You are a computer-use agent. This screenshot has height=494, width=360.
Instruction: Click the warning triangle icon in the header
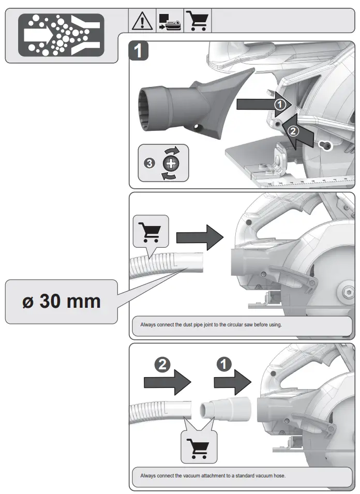click(x=140, y=21)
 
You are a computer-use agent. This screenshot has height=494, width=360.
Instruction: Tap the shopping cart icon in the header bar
click(x=197, y=21)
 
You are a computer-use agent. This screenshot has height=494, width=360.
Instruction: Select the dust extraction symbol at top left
click(x=61, y=35)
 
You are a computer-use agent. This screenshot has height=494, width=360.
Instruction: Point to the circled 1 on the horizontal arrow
click(x=280, y=104)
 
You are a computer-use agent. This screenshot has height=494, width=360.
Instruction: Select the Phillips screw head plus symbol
click(x=171, y=163)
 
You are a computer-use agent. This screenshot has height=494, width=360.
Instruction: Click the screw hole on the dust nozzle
click(x=197, y=126)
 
